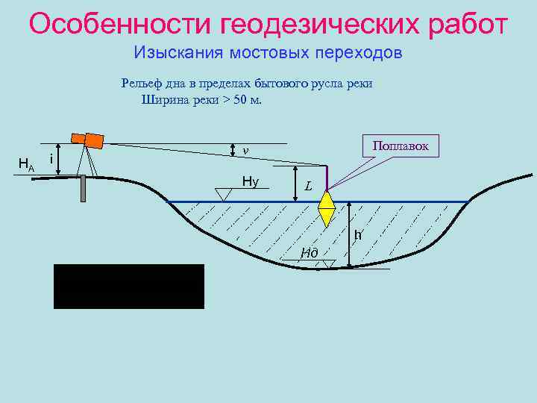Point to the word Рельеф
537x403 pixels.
139,83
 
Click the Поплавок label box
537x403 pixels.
400,146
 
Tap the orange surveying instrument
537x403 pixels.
87,139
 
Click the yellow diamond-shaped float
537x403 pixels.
326,208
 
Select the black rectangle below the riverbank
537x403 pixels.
128,286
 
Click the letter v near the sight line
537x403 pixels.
244,151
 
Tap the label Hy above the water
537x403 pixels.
251,181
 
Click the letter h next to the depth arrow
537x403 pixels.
358,235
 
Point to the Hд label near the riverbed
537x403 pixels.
310,252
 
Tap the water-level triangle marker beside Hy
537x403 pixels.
222,194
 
